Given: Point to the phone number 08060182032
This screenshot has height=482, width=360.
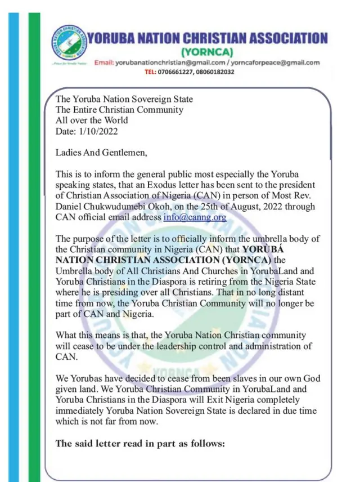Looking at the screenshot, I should coord(211,72).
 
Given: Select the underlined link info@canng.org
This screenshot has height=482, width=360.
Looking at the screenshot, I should coord(195,217).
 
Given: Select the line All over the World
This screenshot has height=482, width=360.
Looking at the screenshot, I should coord(92,120).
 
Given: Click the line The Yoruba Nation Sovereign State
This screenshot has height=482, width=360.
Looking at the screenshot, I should coord(124,99).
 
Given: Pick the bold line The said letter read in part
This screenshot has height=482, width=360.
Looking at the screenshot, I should coord(140,443).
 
